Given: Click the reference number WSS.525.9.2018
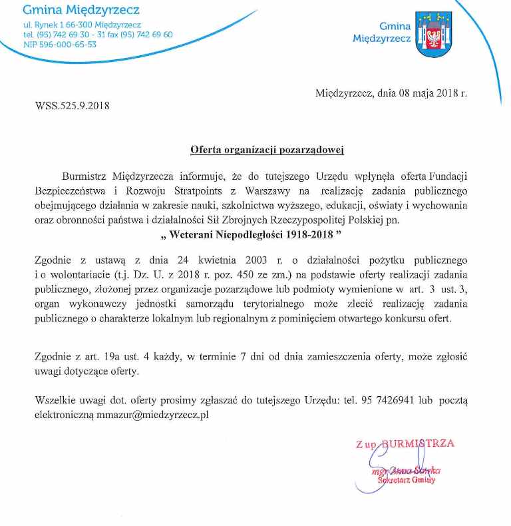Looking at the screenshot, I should pos(72,105).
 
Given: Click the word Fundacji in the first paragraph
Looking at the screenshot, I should pos(446,176).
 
